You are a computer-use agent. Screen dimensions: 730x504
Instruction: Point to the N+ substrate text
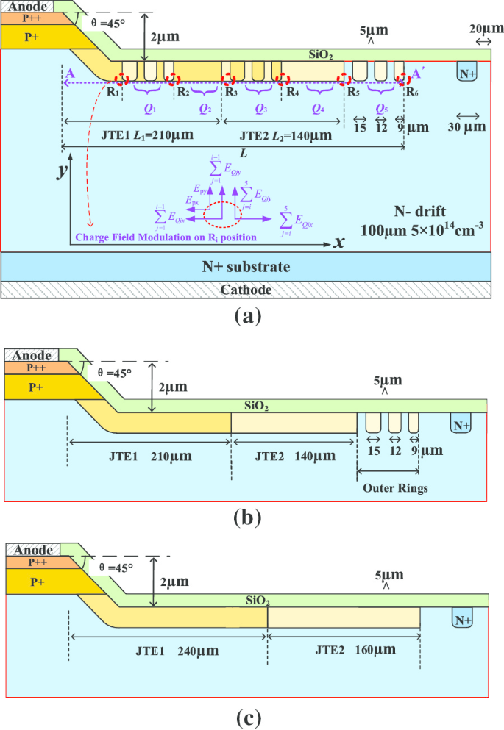click(x=247, y=266)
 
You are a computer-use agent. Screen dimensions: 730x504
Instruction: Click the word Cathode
click(x=247, y=290)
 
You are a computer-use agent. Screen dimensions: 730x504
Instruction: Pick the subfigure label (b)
click(x=246, y=518)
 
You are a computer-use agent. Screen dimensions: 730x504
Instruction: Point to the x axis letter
click(x=340, y=243)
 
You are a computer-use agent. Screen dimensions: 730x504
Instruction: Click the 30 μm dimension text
click(x=467, y=126)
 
